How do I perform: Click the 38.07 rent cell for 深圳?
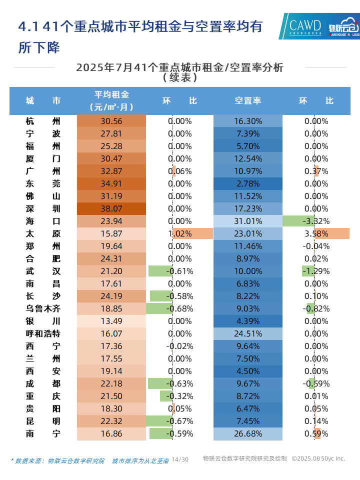[111, 208]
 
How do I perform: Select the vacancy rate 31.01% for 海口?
[248, 221]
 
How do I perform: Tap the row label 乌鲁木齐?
[43, 308]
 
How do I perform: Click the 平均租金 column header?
[111, 100]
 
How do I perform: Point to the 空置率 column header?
[248, 100]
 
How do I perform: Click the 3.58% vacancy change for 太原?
[316, 233]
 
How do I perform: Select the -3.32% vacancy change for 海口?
[316, 221]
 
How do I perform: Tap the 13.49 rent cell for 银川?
[111, 321]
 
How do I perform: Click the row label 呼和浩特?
[43, 333]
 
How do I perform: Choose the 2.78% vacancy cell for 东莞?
[248, 183]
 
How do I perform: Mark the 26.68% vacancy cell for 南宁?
[248, 433]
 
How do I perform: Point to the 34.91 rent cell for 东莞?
[111, 183]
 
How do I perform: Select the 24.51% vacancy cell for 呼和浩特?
[248, 333]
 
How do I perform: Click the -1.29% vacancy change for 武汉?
[316, 271]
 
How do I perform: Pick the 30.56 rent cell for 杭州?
[111, 121]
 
